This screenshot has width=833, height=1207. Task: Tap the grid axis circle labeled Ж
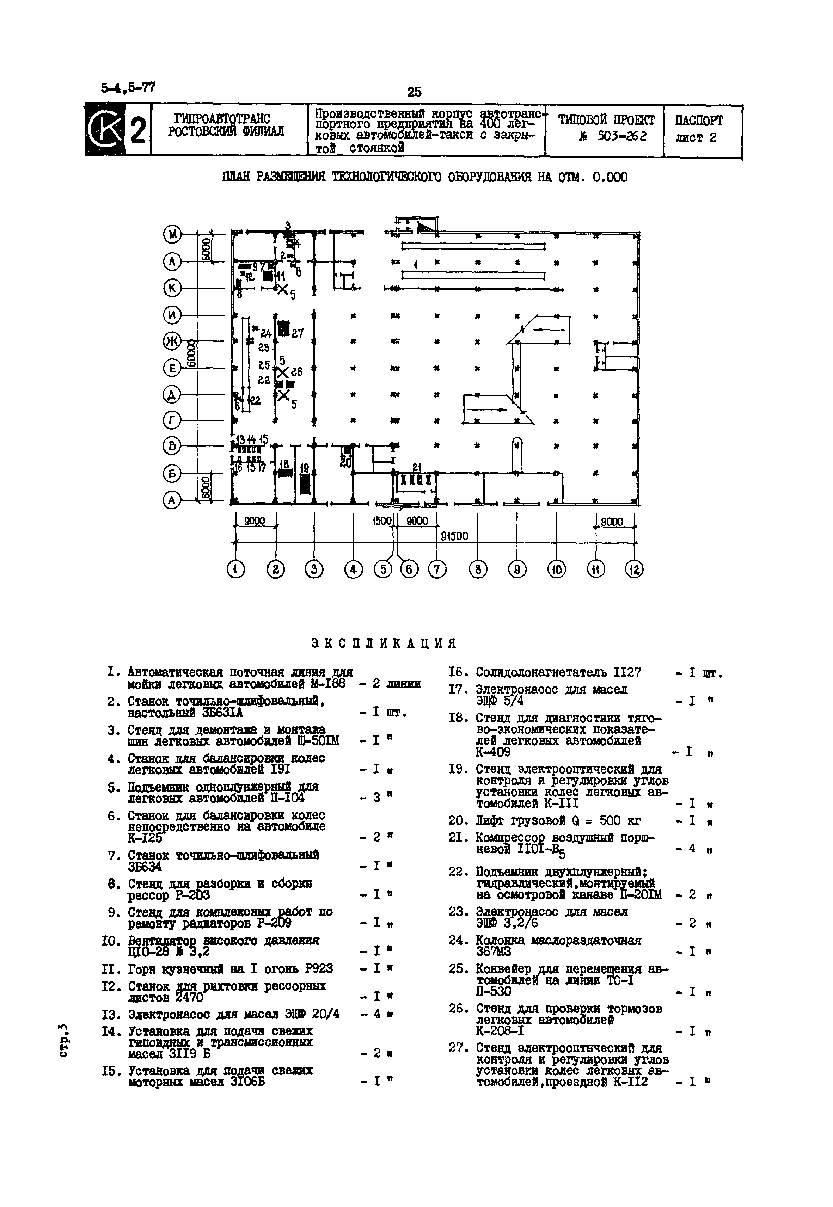[x=171, y=341]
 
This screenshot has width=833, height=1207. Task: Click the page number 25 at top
[x=415, y=92]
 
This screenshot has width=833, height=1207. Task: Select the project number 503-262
[x=622, y=137]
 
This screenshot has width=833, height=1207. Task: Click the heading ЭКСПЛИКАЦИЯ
[x=383, y=643]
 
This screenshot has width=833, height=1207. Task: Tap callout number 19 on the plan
[x=305, y=468]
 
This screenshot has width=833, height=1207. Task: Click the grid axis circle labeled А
[x=171, y=501]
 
